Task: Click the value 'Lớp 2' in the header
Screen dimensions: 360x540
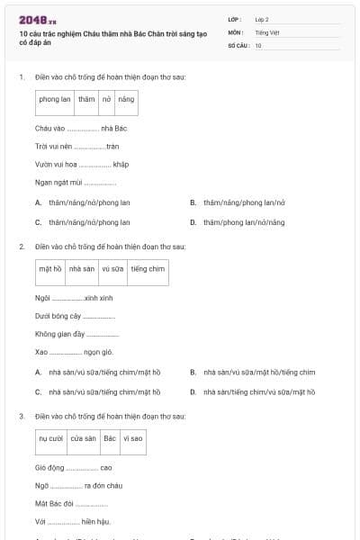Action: pos(262,19)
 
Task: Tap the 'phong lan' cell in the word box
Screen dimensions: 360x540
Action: pos(55,99)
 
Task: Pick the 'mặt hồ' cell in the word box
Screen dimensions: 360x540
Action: pos(50,268)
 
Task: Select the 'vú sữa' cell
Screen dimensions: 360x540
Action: pos(112,268)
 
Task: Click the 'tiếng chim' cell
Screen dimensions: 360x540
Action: pos(148,268)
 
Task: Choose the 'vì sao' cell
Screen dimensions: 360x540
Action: pos(133,438)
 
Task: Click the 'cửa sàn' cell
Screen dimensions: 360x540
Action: pos(84,438)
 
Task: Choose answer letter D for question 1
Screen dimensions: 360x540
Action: pos(193,221)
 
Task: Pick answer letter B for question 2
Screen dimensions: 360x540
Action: pos(193,372)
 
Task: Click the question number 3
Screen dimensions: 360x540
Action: pos(21,417)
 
